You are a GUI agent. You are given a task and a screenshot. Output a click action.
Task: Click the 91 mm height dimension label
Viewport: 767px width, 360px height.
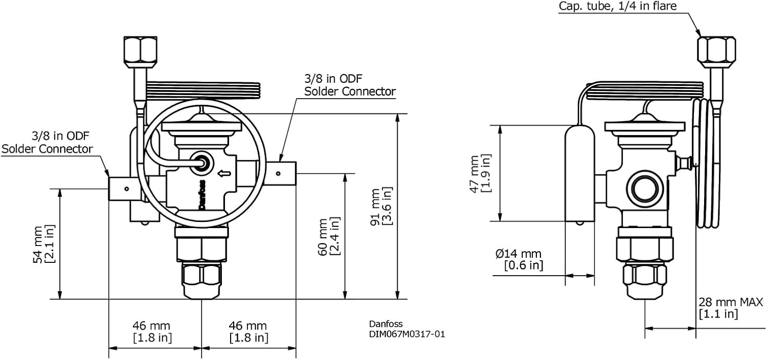377,206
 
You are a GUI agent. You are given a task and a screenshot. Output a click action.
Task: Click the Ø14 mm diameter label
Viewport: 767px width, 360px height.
518,254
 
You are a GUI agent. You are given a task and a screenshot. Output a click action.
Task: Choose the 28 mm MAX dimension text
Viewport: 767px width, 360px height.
731,302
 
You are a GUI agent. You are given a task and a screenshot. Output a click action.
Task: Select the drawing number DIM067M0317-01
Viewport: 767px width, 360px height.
407,334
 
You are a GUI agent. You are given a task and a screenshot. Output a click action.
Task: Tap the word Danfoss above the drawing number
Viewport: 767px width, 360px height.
386,324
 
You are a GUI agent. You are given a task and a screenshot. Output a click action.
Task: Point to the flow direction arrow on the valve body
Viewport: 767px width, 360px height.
223,174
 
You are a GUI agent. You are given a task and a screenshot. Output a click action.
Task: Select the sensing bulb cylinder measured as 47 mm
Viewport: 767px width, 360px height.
580,174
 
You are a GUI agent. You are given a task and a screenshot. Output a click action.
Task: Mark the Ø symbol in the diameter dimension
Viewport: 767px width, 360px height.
500,254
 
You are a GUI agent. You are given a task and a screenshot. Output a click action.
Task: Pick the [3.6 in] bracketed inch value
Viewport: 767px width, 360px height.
388,206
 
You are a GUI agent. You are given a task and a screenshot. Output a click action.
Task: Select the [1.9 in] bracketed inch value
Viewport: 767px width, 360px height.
487,173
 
